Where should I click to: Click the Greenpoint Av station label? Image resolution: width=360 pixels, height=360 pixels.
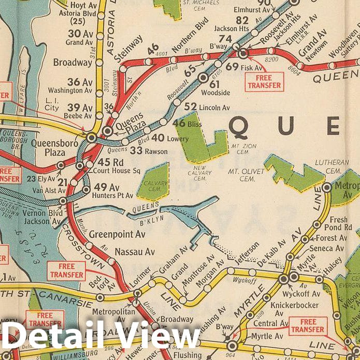coord(117,234)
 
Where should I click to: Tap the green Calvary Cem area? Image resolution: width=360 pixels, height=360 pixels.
coord(153,181)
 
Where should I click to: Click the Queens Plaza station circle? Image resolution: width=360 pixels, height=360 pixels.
coord(107,131)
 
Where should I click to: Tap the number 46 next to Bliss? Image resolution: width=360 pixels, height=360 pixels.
coord(179,123)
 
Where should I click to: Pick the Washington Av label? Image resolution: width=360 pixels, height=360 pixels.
coord(73,90)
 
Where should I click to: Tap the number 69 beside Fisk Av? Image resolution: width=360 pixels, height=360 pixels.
coord(232,66)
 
